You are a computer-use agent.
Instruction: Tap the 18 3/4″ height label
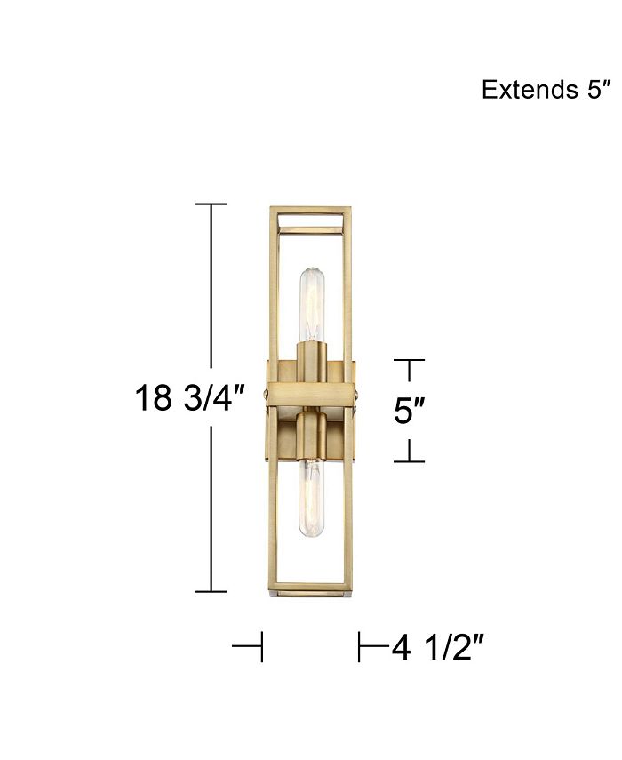tap(189, 398)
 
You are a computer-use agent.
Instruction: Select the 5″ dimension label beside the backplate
tap(409, 411)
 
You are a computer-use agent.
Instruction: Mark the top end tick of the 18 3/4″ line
tap(211, 204)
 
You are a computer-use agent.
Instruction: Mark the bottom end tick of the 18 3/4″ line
tap(211, 591)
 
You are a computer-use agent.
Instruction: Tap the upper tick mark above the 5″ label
tap(409, 360)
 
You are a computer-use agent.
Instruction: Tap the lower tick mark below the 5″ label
tap(409, 461)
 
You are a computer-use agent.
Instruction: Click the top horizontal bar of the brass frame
tap(310, 214)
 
